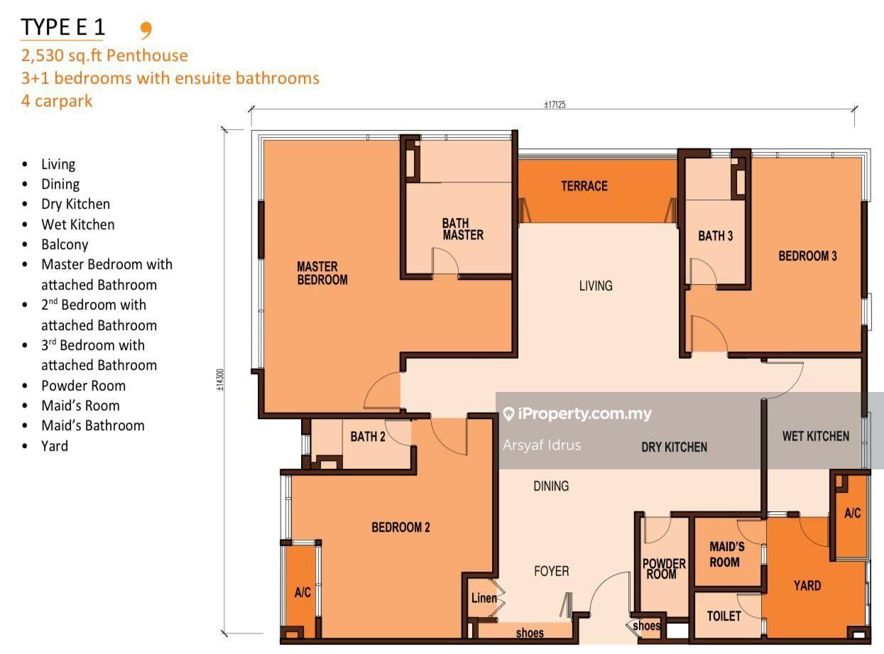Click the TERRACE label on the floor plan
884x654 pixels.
[584, 186]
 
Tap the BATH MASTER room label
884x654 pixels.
[463, 229]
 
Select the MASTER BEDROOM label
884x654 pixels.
[322, 273]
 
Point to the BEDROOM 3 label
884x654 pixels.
[807, 256]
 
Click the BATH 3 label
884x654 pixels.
[716, 236]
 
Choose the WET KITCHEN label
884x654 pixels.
[815, 436]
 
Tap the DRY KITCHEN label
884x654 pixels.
[675, 447]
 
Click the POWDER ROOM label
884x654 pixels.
[664, 569]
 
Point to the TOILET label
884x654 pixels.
[724, 616]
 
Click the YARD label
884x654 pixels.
[807, 585]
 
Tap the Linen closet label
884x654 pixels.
[484, 598]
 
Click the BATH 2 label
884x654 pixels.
[368, 437]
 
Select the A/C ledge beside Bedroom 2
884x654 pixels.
[302, 592]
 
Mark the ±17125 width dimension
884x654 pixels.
[555, 104]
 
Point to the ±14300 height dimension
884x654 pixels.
[220, 380]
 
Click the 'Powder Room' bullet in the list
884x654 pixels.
[83, 386]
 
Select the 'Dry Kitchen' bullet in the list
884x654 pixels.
[76, 205]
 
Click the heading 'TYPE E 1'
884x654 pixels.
[62, 27]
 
